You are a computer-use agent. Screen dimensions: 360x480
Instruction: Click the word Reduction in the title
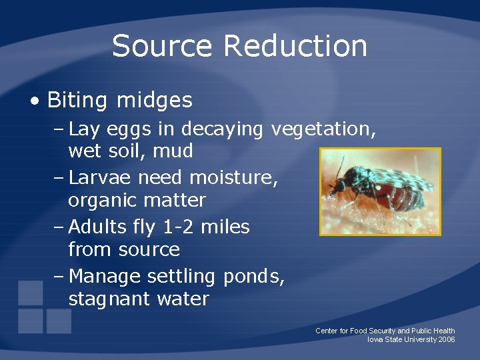[x=295, y=46]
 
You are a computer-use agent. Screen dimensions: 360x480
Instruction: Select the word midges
[x=154, y=101]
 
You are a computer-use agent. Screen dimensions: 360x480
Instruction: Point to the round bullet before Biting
[x=35, y=101]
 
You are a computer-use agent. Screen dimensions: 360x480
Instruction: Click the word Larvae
[x=102, y=177]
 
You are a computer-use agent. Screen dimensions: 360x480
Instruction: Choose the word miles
[x=225, y=227]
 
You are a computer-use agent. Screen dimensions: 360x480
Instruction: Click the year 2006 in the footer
[x=447, y=339]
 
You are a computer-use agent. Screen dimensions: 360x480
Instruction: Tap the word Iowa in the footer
[x=375, y=339]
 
